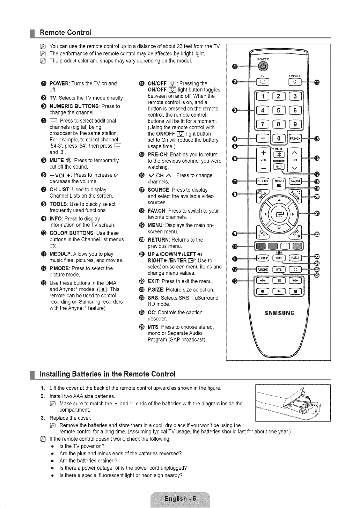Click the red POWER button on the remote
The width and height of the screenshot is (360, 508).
[x=263, y=66]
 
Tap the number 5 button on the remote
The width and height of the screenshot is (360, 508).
[x=279, y=110]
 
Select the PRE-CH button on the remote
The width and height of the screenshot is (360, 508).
[x=295, y=139]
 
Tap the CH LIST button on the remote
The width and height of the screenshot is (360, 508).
[x=263, y=181]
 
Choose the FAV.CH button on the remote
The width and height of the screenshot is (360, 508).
[x=295, y=181]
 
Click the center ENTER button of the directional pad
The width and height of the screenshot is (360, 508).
[x=279, y=214]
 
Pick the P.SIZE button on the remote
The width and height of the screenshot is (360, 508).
[x=295, y=258]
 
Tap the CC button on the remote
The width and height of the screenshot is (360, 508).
[x=295, y=270]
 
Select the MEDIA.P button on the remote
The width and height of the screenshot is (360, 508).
[x=263, y=258]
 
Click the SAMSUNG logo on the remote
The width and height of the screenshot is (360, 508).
[x=279, y=313]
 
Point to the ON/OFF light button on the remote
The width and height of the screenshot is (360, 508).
[x=295, y=82]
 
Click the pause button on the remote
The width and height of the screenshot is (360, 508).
[x=279, y=280]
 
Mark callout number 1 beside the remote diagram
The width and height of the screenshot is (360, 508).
[x=235, y=66]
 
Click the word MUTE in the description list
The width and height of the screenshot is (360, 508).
[x=57, y=161]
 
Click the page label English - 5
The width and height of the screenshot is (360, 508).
[x=180, y=499]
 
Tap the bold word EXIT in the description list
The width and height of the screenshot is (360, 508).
[x=154, y=281]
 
